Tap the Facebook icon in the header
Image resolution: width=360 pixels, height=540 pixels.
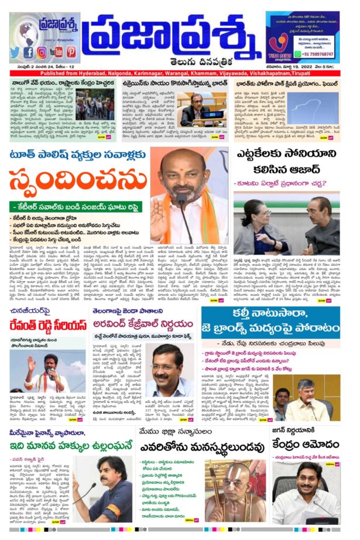(28, 52)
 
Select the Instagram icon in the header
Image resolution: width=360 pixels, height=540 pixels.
(42, 52)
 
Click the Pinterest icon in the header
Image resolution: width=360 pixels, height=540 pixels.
(71, 52)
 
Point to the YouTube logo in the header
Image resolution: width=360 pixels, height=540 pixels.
(56, 52)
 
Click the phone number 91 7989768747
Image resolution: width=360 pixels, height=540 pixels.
(313, 53)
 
